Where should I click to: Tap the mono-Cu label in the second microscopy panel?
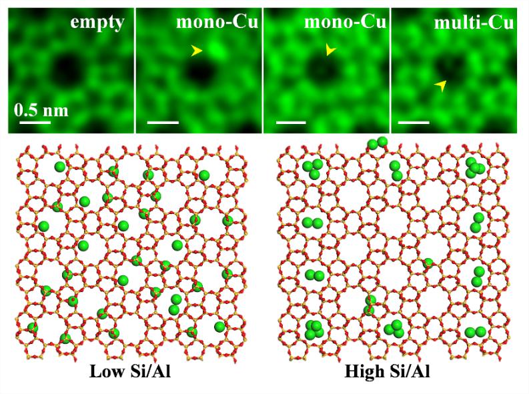click(x=217, y=23)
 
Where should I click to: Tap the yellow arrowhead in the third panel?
click(x=331, y=50)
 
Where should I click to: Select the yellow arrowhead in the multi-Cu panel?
click(x=440, y=85)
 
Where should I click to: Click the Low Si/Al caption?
click(x=130, y=371)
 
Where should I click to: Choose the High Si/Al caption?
click(x=387, y=371)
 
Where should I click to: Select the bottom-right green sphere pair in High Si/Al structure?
click(x=475, y=332)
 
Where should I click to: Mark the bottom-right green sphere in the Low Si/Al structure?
click(x=219, y=327)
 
